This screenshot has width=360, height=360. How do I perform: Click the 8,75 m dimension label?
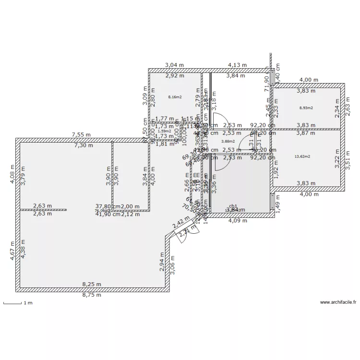(92, 295)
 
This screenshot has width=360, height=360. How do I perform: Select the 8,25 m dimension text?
(92, 284)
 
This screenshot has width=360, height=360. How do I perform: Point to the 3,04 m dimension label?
(174, 65)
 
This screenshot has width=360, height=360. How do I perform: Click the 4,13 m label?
(237, 65)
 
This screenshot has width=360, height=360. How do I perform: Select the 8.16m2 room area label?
(175, 97)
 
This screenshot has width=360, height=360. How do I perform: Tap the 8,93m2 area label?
(306, 108)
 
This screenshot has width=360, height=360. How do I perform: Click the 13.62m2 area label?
(302, 156)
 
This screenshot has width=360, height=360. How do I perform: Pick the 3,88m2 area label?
(228, 141)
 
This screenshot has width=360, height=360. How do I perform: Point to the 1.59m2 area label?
(164, 131)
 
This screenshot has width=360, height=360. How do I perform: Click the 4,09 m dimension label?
(237, 221)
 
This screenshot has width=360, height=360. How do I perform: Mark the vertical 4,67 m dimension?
(13, 251)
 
